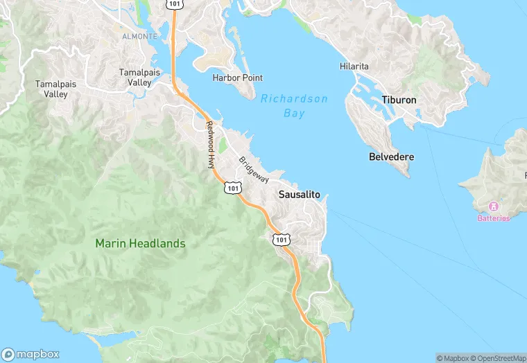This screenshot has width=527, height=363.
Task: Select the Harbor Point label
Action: point(238,78)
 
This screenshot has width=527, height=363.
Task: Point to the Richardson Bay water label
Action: point(294,106)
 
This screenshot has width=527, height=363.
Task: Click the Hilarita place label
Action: point(354,66)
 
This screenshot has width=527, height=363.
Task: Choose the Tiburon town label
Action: point(399,100)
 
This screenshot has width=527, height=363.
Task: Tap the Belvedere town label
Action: point(391,157)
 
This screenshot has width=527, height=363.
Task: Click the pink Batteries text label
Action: point(494,218)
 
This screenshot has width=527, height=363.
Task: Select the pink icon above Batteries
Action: point(494,206)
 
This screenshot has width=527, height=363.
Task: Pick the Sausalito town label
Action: point(299,195)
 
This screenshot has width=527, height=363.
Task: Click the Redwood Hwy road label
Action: point(210,145)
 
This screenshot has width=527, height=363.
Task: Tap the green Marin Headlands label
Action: point(141,243)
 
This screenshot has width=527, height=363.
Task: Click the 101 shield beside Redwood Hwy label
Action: point(233,187)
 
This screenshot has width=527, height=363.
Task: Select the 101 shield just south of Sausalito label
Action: point(280,239)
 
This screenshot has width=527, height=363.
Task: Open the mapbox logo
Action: point(31,353)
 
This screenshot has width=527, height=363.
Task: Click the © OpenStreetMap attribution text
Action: point(496,357)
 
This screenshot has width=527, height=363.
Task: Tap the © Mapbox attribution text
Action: point(452,357)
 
